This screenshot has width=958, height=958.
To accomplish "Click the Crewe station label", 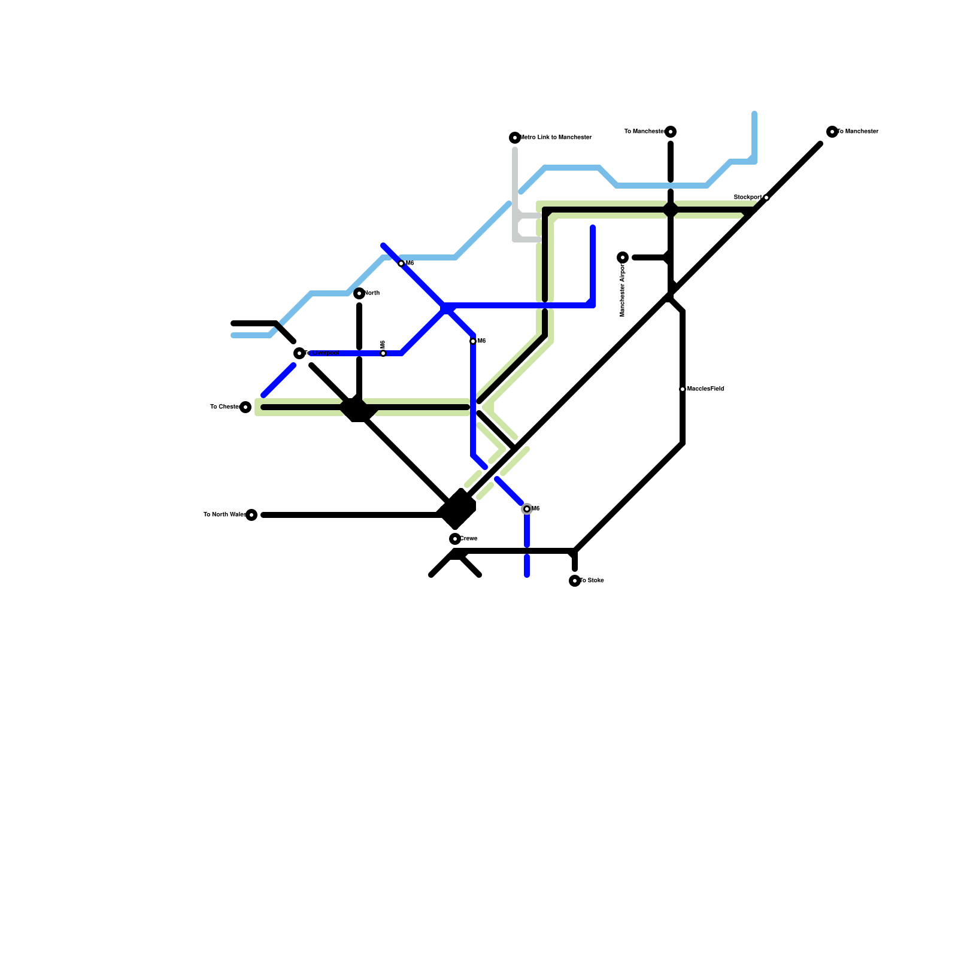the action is click(x=469, y=539).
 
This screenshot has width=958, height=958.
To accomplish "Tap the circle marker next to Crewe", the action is click(x=455, y=539).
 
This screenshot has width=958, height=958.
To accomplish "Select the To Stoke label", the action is click(x=592, y=581).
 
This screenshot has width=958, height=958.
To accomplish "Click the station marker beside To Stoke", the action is click(x=575, y=581).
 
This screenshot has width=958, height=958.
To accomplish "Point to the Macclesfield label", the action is click(x=706, y=389).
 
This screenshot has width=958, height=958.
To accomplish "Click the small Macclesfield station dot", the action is click(x=683, y=389).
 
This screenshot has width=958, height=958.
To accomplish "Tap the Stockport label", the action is click(x=748, y=197).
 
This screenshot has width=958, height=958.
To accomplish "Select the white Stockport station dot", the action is click(x=766, y=198).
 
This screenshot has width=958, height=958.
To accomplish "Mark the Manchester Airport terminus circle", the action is click(x=623, y=257).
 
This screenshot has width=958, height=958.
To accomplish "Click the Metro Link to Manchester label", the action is click(x=557, y=138).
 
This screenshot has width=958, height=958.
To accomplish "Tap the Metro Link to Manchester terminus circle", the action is click(x=515, y=138).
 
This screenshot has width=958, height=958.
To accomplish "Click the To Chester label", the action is click(x=225, y=407).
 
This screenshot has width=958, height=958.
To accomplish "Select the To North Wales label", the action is click(x=224, y=515).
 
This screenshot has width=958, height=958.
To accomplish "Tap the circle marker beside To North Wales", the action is click(x=251, y=515).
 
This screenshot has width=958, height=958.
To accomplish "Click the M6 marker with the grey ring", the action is click(x=527, y=509).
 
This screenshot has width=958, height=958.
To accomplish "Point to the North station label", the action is click(x=372, y=293).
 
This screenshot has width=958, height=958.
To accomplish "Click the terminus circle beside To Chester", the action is click(x=245, y=407).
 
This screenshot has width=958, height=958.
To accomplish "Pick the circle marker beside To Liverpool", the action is click(x=299, y=353).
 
